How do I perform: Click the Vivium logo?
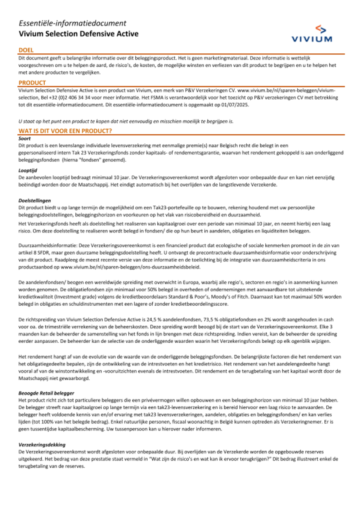[x=312, y=34]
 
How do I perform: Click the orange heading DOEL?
[x=26, y=50]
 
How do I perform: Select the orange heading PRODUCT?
[x=32, y=82]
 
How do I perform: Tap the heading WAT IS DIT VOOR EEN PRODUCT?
[x=65, y=131]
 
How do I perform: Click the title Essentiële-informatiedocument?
[x=72, y=23]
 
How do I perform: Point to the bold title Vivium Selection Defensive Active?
[x=78, y=34]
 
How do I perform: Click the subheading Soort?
[x=24, y=138]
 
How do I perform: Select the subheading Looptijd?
[x=28, y=170]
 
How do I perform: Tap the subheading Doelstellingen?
[x=35, y=200]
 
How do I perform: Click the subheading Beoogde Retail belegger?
[x=46, y=393]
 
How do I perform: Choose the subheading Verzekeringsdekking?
[x=42, y=445]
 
